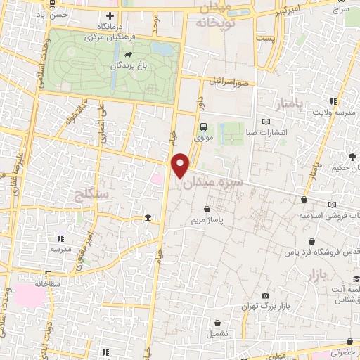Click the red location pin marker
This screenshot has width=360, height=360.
point(181,164)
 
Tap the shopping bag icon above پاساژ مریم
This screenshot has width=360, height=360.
point(206,210)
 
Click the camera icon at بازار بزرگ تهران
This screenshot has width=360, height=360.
point(265,296)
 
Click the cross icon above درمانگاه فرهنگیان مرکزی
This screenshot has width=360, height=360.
point(109,15)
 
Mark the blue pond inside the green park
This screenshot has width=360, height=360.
point(163,49)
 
